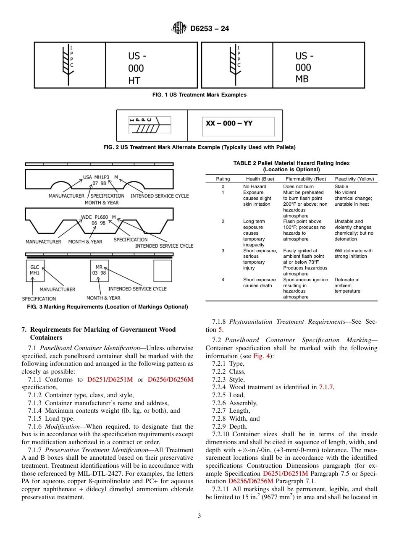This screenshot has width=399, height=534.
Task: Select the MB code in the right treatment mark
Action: coord(302,79)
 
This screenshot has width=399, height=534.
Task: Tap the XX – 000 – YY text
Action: coord(229,123)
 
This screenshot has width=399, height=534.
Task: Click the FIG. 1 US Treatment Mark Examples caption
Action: coord(199,95)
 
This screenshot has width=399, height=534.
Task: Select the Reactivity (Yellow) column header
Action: coord(354,179)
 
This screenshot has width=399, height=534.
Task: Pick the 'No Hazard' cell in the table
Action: coord(255,186)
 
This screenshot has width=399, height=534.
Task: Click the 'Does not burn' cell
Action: coord(298,186)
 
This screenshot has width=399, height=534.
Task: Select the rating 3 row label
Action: coord(223,251)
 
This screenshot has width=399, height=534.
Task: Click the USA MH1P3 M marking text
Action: coord(100,177)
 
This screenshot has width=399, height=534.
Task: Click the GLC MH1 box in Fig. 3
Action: coord(34,270)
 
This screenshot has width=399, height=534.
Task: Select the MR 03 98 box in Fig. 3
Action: coord(99,270)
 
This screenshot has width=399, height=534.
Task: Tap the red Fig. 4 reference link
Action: coord(263,356)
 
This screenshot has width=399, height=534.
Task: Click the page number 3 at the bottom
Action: coord(199,516)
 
